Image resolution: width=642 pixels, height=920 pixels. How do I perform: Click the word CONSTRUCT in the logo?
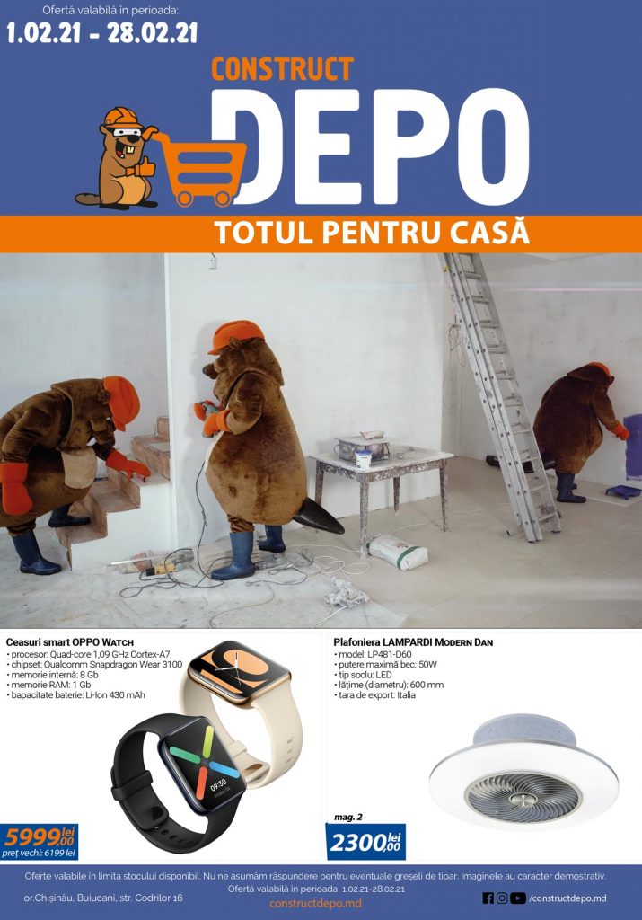coord(282,69)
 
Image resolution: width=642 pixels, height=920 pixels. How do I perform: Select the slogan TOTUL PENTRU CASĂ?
coord(372,233)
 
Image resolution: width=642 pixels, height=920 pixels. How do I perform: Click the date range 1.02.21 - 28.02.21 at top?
coord(102,33)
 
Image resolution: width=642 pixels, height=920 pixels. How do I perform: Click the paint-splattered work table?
coord(380,482)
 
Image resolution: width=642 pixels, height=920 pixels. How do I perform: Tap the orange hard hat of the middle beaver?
coord(235,335)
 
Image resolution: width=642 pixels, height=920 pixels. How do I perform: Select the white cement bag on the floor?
coord(398,553)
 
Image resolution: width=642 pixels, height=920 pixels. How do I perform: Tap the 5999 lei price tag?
coord(40,841)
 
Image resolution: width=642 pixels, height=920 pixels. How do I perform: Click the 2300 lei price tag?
coord(365,841)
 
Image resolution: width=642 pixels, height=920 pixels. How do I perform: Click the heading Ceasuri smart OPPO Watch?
coord(70,641)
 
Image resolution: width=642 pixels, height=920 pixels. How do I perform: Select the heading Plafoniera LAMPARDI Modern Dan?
coord(413,641)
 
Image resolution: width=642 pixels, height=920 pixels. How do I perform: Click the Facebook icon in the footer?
coord(488,898)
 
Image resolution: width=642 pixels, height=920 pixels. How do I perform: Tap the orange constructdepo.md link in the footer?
coord(315,903)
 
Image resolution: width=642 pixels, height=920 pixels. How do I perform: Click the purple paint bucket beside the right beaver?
coord(633,446)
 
